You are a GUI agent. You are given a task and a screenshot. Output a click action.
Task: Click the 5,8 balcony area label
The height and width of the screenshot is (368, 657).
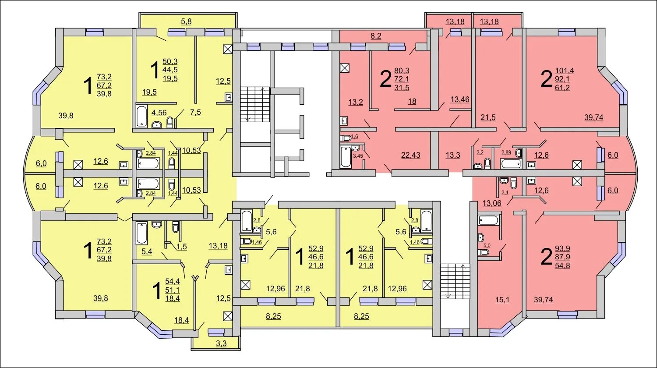(x=186, y=21)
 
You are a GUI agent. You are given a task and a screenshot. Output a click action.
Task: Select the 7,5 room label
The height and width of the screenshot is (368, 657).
(x=195, y=112)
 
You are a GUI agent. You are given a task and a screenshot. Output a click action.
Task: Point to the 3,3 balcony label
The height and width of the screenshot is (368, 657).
(x=221, y=343)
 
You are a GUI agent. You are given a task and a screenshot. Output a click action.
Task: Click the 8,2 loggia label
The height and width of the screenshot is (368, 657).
(x=376, y=36)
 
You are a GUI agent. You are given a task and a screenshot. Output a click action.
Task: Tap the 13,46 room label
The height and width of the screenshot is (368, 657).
(x=459, y=99)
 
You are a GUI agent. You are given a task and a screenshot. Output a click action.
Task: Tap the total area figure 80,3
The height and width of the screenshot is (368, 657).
(x=402, y=70)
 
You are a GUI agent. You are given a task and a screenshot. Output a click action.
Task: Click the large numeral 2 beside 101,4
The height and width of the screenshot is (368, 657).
(x=546, y=80)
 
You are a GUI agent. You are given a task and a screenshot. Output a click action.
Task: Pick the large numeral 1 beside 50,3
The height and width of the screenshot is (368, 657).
(x=154, y=70)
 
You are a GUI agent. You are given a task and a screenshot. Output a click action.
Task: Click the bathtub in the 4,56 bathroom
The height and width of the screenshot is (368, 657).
(x=141, y=116)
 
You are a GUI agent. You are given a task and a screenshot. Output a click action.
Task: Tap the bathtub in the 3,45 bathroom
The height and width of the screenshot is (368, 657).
(x=346, y=156)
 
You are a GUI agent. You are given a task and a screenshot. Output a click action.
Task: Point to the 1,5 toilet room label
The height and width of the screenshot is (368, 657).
(x=182, y=246)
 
